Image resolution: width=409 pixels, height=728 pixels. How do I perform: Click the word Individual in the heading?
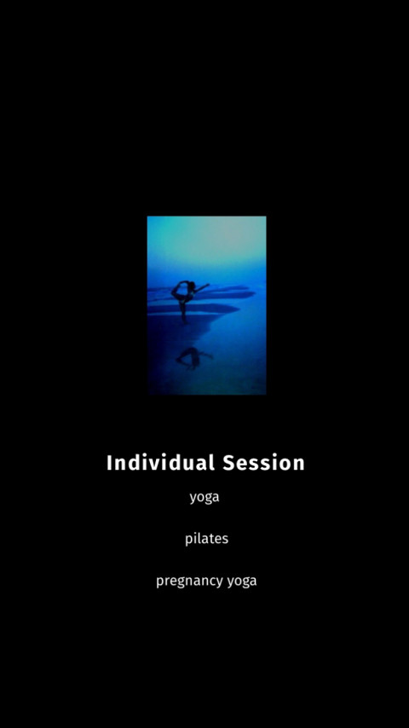pyautogui.click(x=161, y=462)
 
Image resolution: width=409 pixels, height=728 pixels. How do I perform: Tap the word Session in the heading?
pyautogui.click(x=263, y=462)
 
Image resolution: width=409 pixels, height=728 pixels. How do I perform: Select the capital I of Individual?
pyautogui.click(x=110, y=462)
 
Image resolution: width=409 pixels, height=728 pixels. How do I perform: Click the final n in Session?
pyautogui.click(x=299, y=465)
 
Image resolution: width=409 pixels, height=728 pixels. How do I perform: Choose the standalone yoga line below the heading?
pyautogui.click(x=204, y=498)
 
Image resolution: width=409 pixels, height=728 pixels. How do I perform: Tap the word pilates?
pyautogui.click(x=206, y=539)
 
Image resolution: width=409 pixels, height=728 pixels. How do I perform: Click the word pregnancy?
pyautogui.click(x=189, y=581)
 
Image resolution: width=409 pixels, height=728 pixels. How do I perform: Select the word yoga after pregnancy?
pyautogui.click(x=242, y=581)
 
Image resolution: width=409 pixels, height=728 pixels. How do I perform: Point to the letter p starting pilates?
pyautogui.click(x=188, y=540)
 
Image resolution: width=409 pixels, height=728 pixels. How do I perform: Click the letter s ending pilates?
pyautogui.click(x=225, y=540)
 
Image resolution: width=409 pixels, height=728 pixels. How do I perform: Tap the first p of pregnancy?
pyautogui.click(x=159, y=583)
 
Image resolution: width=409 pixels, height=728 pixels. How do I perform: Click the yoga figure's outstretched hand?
pyautogui.click(x=208, y=285)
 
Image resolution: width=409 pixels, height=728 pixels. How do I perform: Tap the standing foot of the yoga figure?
pyautogui.click(x=186, y=321)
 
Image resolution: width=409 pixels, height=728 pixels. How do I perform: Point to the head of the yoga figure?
pyautogui.click(x=191, y=285)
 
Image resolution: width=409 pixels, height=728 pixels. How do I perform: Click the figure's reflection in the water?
pyautogui.click(x=194, y=358)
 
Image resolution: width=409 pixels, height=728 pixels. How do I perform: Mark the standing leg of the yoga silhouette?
pyautogui.click(x=184, y=310)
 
